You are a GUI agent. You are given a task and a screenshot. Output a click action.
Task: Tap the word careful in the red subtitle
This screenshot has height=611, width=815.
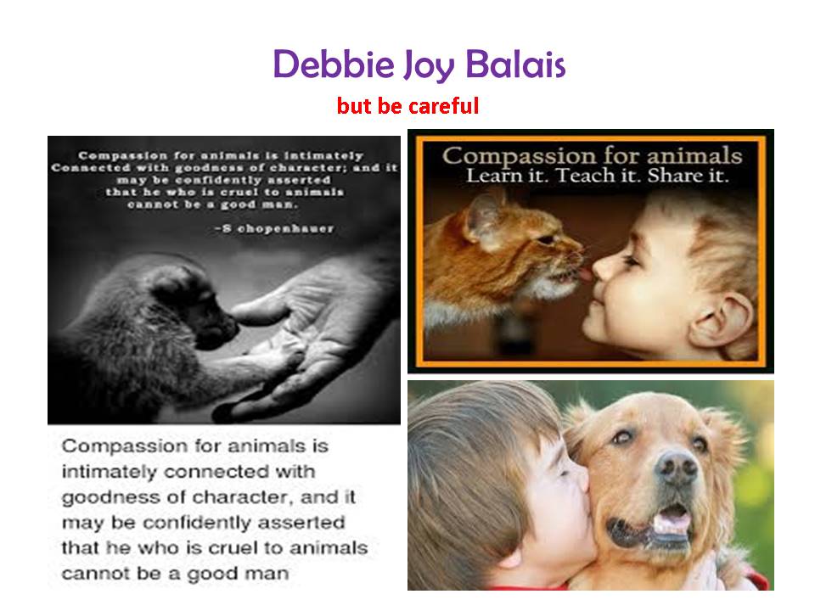443,105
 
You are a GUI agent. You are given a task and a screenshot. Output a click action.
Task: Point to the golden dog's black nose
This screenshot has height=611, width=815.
677,466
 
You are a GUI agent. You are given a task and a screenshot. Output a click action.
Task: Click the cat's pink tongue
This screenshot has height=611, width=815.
587,273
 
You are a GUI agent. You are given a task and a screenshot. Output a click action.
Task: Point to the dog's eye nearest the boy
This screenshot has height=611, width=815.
622,437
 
